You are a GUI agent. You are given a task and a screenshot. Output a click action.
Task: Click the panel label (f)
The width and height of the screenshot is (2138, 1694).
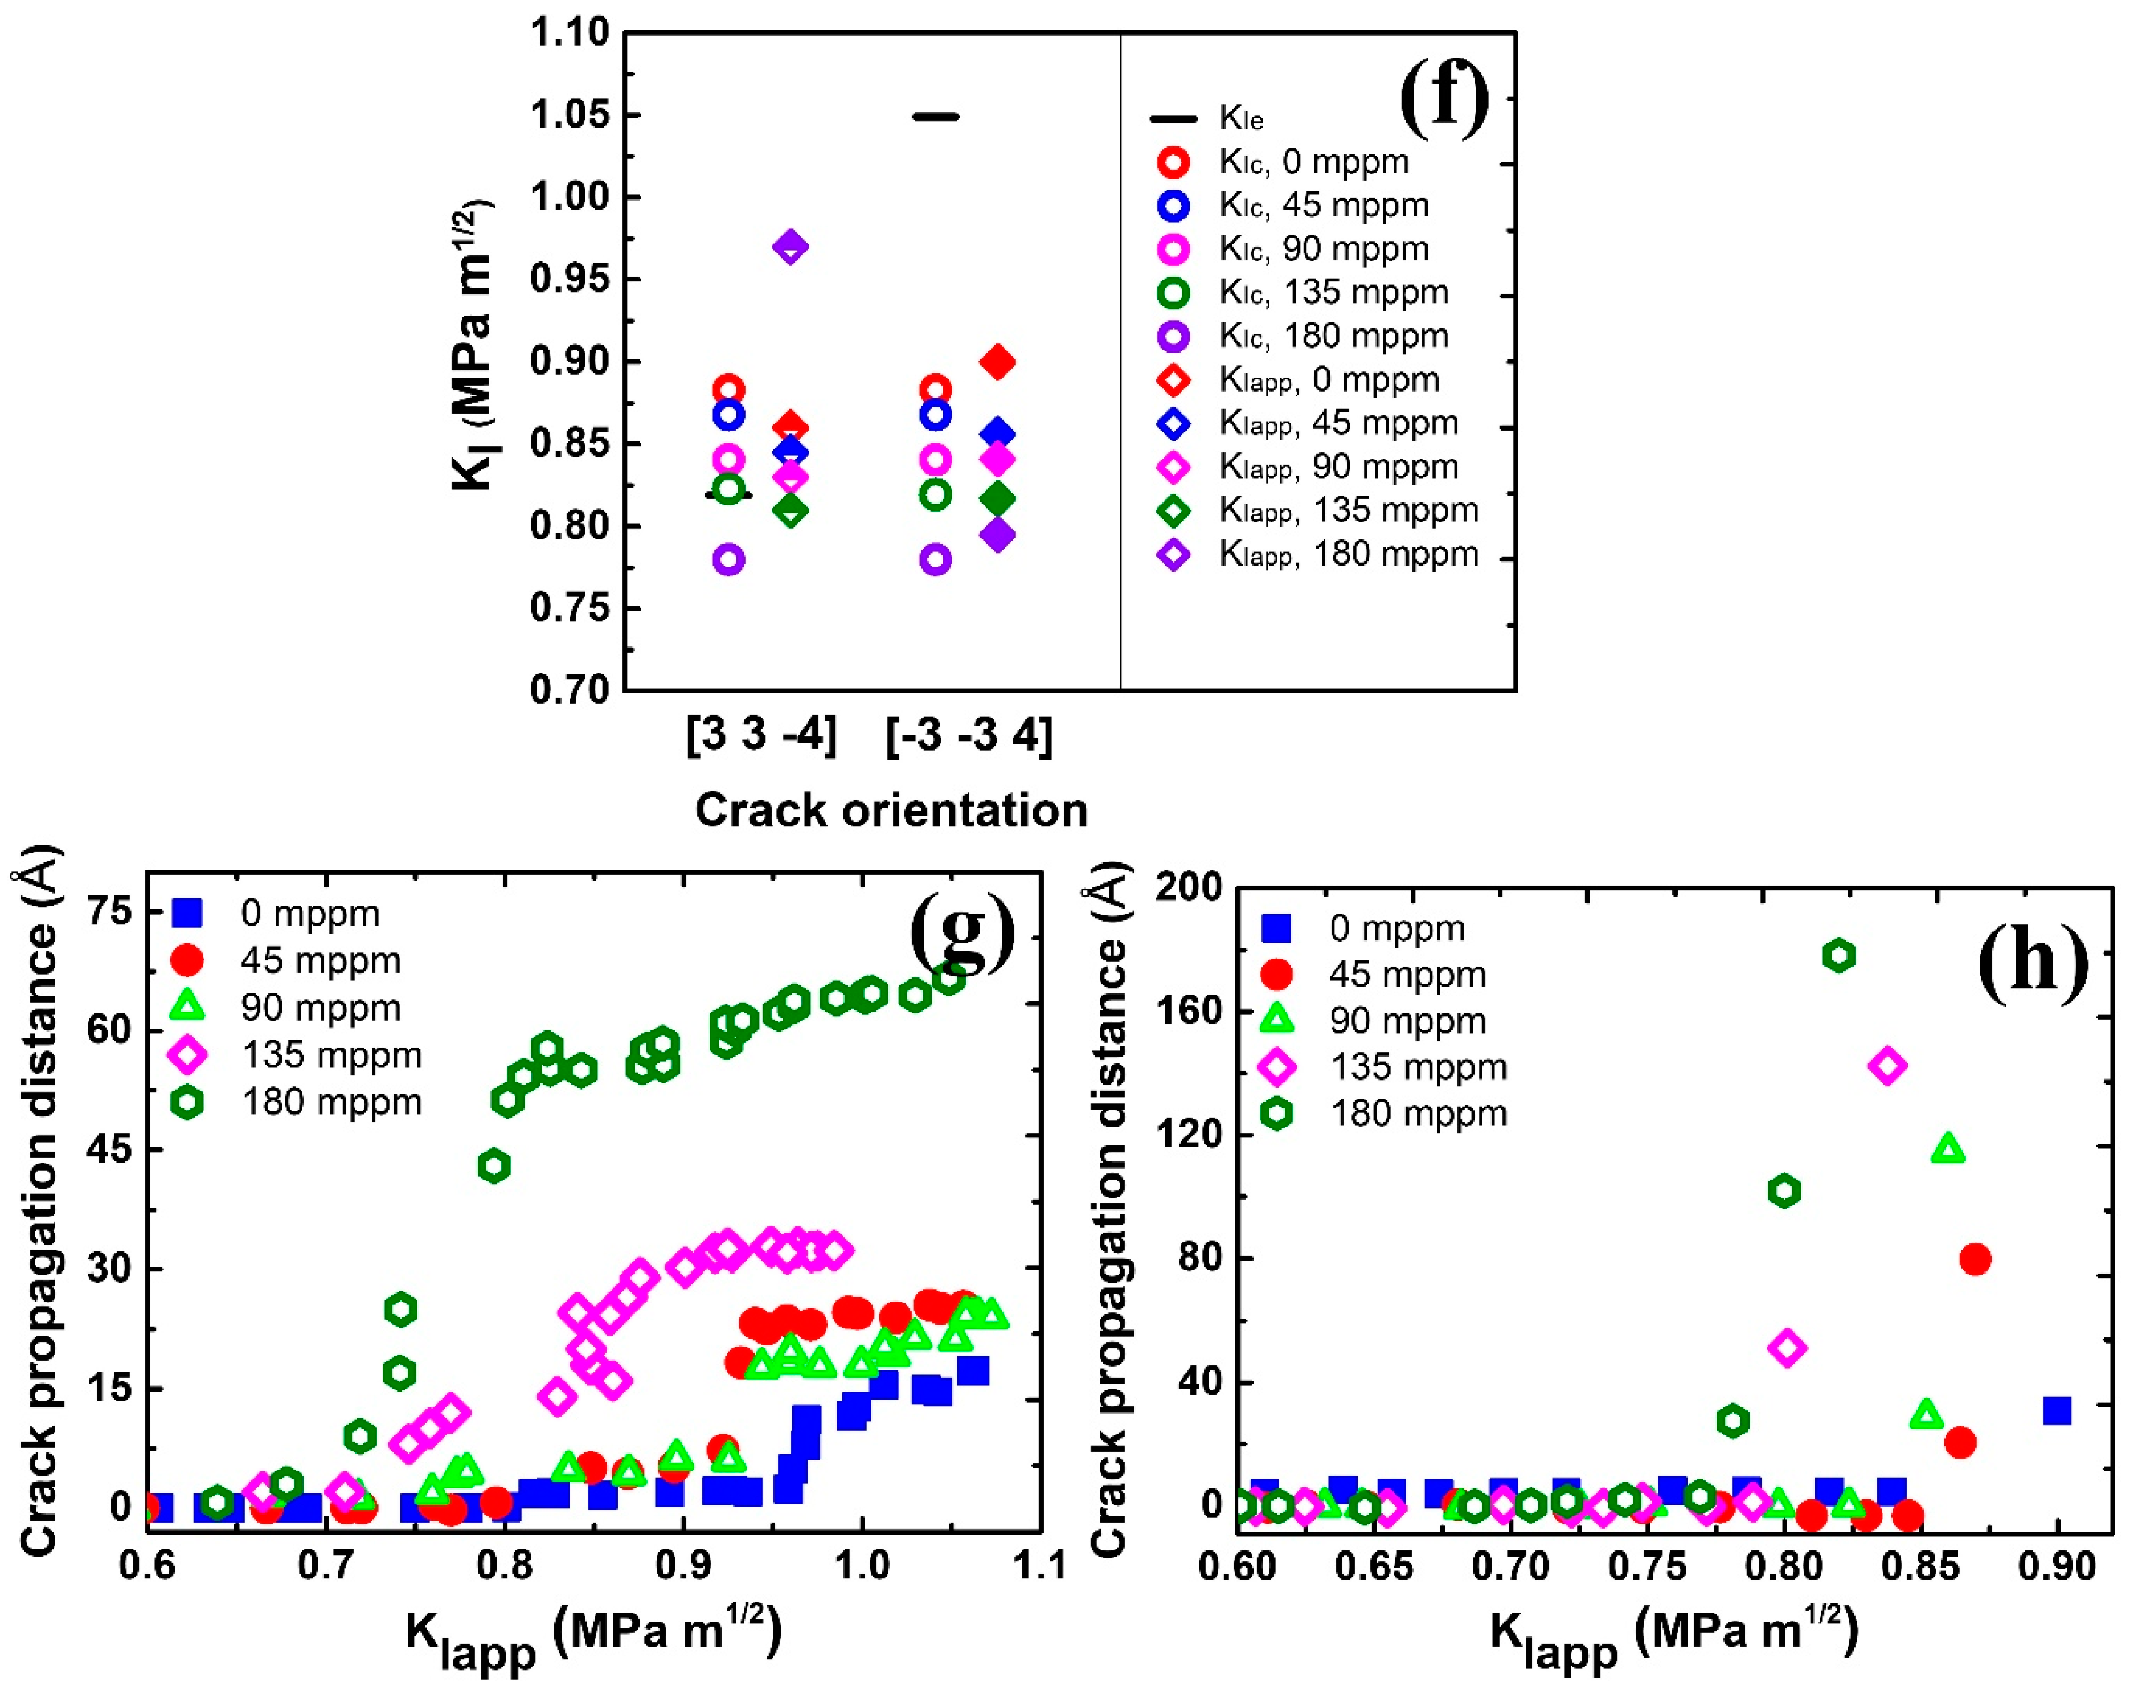coord(1444,99)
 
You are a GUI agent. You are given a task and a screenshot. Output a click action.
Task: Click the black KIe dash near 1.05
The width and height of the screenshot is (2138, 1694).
coord(935,117)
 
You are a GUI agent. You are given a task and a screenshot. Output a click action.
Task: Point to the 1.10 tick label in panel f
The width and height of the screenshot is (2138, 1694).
coord(569,32)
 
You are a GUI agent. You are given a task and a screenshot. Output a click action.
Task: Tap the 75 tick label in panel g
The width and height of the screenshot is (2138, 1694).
coord(109,911)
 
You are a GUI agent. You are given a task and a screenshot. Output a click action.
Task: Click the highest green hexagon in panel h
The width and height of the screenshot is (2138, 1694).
coord(1838,955)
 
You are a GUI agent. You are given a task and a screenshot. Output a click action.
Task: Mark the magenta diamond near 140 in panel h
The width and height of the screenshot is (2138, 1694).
coord(1887,1065)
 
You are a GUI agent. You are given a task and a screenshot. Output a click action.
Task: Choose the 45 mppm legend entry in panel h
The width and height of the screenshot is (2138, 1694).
coord(1378,974)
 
